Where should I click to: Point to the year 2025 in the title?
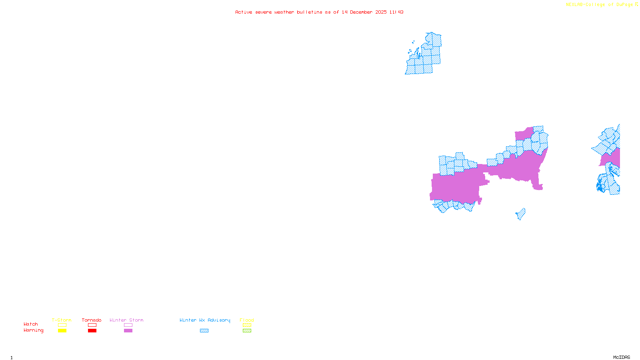point(381,12)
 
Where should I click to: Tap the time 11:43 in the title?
point(396,12)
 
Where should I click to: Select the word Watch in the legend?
point(31,324)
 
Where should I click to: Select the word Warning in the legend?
point(33,330)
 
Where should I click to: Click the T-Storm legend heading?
point(62,320)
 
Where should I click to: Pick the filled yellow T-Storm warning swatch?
point(62,331)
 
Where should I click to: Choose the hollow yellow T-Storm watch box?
point(62,325)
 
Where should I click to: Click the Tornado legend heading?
point(92,320)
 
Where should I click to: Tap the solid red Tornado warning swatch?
point(92,331)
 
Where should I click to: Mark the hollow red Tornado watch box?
point(92,325)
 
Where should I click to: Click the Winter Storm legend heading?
point(126,320)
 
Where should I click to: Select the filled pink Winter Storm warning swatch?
point(128,331)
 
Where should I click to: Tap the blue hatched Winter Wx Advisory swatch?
point(204,331)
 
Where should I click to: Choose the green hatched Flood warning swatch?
point(247,331)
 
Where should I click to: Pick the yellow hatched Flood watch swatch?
point(247,325)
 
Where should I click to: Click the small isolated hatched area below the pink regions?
point(521,214)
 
